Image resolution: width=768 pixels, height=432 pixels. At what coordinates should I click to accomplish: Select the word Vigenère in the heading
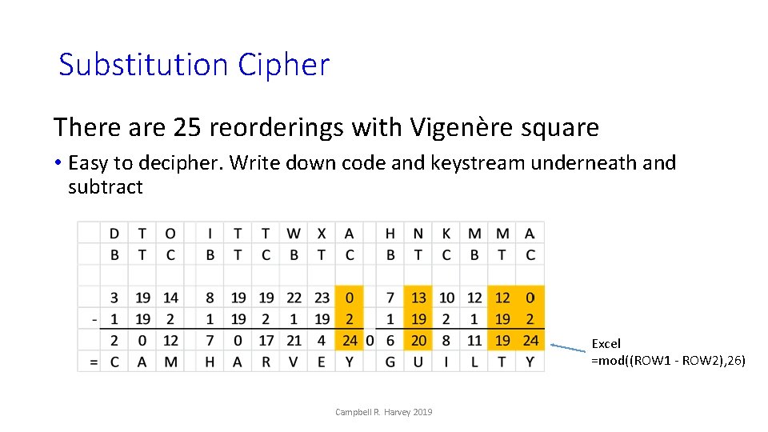[456, 127]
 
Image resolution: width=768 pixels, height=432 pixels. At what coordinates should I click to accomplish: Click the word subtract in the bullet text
[106, 187]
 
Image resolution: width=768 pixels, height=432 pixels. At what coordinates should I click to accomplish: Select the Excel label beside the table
[606, 343]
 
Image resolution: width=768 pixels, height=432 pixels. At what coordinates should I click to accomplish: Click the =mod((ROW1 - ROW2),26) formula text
[668, 361]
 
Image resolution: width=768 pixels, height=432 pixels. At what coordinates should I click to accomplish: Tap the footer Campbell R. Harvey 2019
[384, 412]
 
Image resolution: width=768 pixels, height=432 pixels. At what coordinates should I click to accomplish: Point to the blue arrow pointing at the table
[570, 347]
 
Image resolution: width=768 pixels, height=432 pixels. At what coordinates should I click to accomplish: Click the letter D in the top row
[114, 234]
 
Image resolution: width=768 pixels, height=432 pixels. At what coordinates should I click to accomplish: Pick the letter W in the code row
[294, 234]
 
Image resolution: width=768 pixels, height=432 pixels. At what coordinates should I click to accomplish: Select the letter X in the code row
[322, 234]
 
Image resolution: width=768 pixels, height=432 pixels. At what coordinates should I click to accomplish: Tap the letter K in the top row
[446, 234]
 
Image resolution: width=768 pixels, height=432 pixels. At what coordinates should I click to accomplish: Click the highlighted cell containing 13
[418, 298]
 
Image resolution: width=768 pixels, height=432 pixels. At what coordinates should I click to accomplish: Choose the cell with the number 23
[322, 298]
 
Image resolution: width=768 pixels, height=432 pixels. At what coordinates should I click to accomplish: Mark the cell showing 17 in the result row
[266, 341]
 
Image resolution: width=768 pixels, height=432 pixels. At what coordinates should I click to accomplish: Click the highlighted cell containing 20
[418, 341]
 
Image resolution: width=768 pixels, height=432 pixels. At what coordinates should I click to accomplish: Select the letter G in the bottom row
[390, 362]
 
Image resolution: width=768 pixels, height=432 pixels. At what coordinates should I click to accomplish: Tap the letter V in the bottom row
[294, 362]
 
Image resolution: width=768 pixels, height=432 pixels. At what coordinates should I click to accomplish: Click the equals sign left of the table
[94, 362]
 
